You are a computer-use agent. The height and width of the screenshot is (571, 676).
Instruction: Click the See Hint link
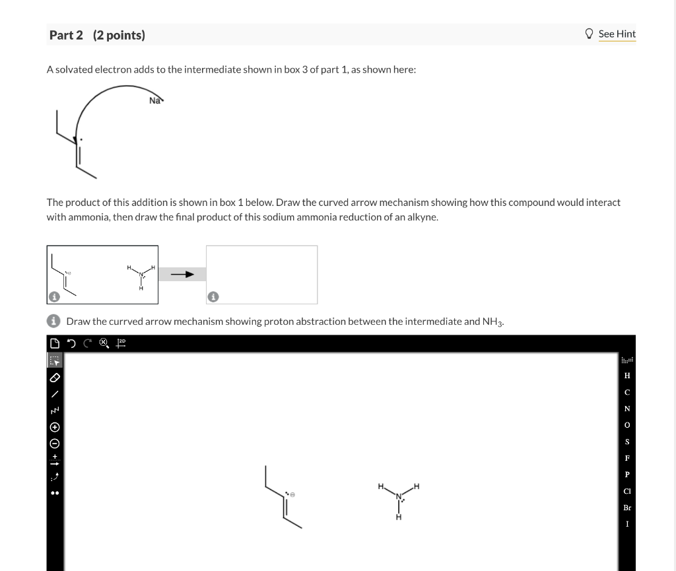click(617, 34)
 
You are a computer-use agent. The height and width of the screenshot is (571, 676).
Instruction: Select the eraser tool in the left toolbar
click(55, 378)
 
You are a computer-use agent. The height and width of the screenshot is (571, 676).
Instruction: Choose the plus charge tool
click(55, 426)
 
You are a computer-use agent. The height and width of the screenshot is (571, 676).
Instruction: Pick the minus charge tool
click(55, 443)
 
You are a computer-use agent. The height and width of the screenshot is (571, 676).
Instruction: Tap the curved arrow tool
click(55, 475)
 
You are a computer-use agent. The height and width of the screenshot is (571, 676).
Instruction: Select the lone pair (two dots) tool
click(55, 493)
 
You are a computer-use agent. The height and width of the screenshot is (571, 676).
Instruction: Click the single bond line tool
click(55, 394)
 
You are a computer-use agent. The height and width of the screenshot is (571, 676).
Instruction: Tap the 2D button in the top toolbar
click(121, 343)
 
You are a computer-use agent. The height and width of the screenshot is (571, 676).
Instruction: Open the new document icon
click(54, 343)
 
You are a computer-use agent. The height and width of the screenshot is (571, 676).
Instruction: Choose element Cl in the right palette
click(627, 491)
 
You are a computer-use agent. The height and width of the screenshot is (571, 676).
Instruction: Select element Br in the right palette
click(627, 508)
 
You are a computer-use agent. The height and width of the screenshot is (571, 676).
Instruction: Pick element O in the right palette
click(627, 425)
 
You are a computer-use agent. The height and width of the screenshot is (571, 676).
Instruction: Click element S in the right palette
click(627, 442)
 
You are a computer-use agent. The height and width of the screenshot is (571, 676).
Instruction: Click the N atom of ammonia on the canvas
click(399, 496)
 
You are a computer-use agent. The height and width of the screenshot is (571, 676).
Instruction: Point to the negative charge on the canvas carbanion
click(293, 494)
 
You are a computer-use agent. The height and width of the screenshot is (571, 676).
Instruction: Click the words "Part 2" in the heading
click(66, 35)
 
